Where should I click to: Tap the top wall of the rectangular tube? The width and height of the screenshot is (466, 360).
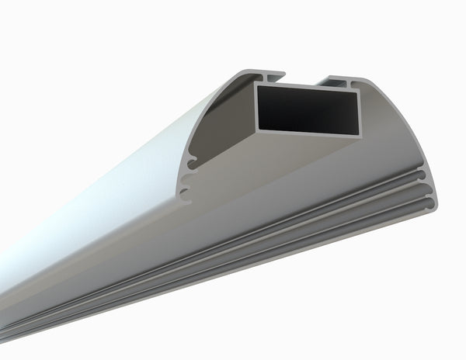click(x=307, y=84)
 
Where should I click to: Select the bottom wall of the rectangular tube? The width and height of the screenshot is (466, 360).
click(x=311, y=133)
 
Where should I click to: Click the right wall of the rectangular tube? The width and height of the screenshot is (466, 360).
click(x=363, y=112)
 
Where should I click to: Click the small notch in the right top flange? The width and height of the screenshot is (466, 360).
click(x=355, y=81)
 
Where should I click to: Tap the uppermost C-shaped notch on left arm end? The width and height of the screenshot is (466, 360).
click(x=190, y=163)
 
